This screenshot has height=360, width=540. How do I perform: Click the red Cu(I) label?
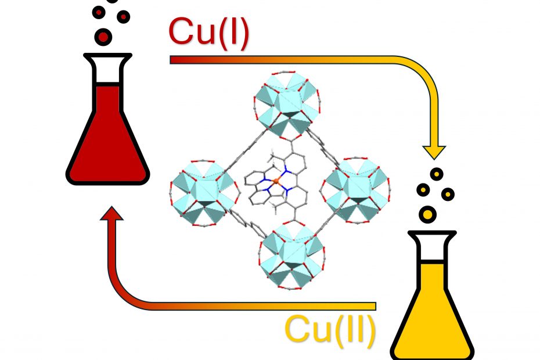click(x=208, y=33)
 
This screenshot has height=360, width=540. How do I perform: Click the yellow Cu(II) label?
click(x=330, y=330)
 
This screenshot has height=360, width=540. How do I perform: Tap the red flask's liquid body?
click(x=107, y=145)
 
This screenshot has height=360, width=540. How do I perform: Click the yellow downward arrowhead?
click(x=434, y=152)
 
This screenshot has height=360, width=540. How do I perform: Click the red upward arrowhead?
click(x=111, y=213)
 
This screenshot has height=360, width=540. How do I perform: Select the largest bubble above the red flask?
click(x=103, y=37)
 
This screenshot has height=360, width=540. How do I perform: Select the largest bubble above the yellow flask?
click(x=427, y=214)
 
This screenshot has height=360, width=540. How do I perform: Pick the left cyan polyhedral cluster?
click(x=204, y=193)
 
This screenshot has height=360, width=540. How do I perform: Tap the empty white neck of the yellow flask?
click(x=432, y=250)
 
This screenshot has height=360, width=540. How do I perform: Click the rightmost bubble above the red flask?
click(x=123, y=16)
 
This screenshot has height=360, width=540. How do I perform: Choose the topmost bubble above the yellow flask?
click(x=437, y=174)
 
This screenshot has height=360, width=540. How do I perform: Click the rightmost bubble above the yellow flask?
click(x=448, y=195)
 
